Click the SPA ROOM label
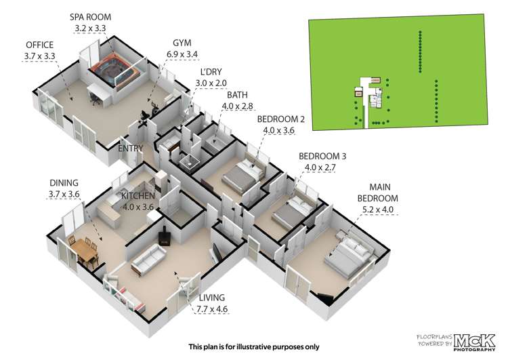click(90, 17)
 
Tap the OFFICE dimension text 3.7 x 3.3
click(39, 56)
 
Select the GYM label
click(182, 43)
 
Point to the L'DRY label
click(211, 72)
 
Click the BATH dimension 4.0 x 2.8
click(238, 106)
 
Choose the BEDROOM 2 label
click(281, 119)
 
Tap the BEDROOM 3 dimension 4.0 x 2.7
click(320, 167)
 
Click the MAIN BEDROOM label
click(378, 193)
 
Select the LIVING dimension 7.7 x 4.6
click(212, 309)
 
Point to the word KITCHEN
click(138, 196)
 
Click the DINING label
click(64, 183)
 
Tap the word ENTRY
click(131, 148)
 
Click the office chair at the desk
click(95, 98)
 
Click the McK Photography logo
click(475, 342)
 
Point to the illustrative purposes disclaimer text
click(254, 346)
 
